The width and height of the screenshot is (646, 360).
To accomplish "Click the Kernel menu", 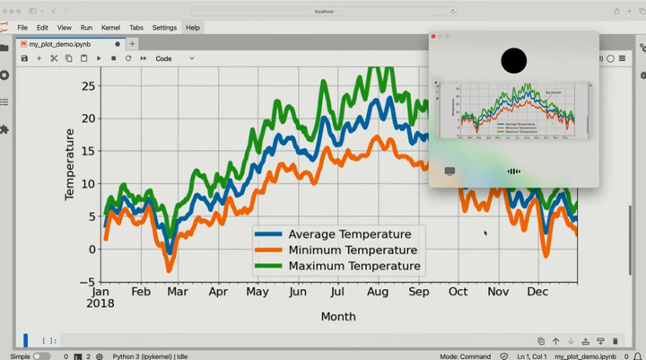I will (x=110, y=28).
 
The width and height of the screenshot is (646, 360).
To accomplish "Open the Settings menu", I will (x=164, y=28).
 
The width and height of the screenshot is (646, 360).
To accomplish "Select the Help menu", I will (x=193, y=28).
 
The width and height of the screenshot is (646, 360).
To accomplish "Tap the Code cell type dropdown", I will (x=175, y=58).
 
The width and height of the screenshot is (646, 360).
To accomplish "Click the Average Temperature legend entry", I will (x=349, y=234).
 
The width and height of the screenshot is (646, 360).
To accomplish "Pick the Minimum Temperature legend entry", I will (x=353, y=250).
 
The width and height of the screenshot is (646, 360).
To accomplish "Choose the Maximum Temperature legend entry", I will (x=354, y=266).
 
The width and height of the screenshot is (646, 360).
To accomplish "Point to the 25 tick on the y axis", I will (x=88, y=85).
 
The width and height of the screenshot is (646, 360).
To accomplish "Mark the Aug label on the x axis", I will (x=378, y=292).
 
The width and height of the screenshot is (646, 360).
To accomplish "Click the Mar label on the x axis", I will (x=178, y=292).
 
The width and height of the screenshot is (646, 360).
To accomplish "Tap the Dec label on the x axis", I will (x=538, y=292).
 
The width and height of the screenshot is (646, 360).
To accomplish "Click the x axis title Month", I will (x=338, y=316).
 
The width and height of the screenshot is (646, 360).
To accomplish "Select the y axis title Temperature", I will (x=70, y=164).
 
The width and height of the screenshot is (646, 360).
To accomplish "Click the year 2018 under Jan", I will (x=101, y=303).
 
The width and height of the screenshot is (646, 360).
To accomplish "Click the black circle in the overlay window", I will (x=514, y=61).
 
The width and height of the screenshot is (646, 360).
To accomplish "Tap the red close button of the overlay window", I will (x=433, y=37).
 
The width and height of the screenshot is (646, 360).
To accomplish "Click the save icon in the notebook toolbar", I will (x=24, y=58).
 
